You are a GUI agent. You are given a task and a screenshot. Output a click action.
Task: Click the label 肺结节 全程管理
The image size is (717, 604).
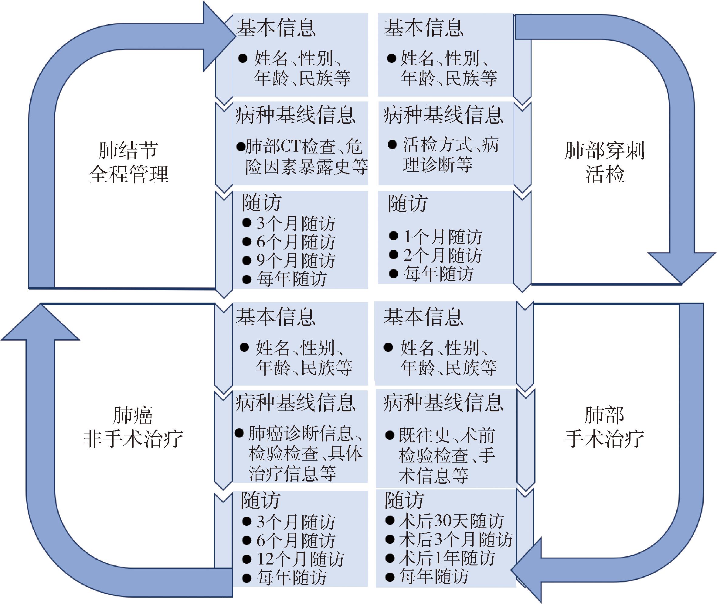pyautogui.click(x=129, y=162)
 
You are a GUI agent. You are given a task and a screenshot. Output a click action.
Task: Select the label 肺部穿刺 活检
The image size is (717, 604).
pyautogui.click(x=604, y=162)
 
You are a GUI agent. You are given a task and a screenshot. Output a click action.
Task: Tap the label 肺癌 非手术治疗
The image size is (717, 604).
pyautogui.click(x=133, y=427)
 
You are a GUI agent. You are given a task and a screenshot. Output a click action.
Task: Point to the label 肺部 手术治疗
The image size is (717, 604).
pyautogui.click(x=604, y=427)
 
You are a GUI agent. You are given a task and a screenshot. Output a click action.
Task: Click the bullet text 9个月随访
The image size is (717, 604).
pyautogui.click(x=296, y=261)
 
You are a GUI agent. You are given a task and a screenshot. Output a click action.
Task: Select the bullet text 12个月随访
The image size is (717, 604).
pyautogui.click(x=300, y=559)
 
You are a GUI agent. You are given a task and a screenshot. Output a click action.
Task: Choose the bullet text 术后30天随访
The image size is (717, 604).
pyautogui.click(x=451, y=521)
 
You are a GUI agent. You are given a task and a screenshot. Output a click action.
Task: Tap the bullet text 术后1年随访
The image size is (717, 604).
pyautogui.click(x=447, y=558)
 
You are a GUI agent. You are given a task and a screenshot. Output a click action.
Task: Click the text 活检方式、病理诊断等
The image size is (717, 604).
pyautogui.click(x=450, y=155)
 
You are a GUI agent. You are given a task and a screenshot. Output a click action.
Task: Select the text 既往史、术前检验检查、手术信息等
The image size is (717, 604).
pyautogui.click(x=447, y=455)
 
